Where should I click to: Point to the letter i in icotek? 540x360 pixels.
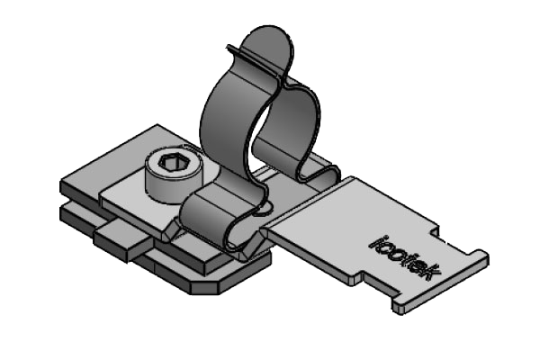pyautogui.click(x=377, y=240)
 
